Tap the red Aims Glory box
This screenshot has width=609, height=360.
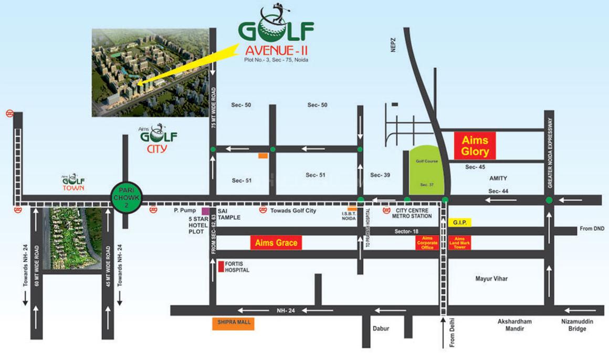point(475,146)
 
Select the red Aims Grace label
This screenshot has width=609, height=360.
point(276,242)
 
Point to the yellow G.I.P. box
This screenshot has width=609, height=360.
point(459,223)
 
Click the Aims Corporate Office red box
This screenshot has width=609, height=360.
point(427,242)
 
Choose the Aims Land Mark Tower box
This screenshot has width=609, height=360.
point(459,242)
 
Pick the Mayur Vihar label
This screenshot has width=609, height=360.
point(491,279)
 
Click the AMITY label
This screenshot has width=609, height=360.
point(498,178)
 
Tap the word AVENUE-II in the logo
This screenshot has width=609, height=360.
point(276,51)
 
